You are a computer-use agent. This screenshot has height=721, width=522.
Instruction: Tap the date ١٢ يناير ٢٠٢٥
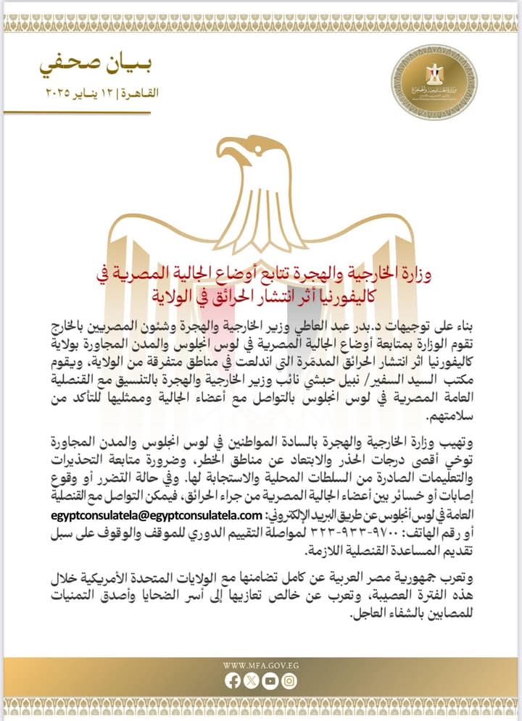click(x=71, y=94)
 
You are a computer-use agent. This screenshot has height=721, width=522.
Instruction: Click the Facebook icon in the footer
click(x=232, y=681)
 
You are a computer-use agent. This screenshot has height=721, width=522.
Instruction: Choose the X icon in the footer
click(x=251, y=681)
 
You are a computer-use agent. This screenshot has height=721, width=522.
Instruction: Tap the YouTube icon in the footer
click(x=270, y=681)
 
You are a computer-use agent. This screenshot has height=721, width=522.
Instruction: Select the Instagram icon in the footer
click(x=289, y=681)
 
